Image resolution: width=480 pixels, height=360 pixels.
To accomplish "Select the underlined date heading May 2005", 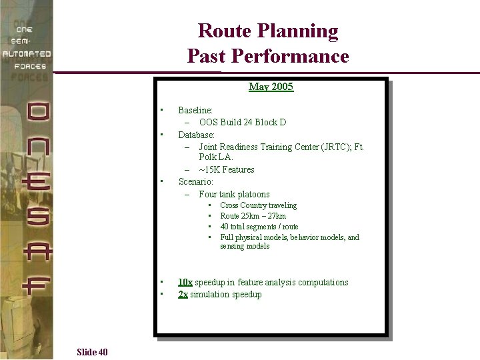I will (x=271, y=87).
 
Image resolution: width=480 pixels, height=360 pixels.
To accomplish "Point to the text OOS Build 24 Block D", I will (x=243, y=122).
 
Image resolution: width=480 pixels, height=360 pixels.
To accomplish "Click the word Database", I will (x=196, y=134).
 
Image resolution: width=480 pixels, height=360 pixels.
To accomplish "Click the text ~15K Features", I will (x=227, y=169).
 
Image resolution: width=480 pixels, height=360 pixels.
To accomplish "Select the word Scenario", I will (x=195, y=181).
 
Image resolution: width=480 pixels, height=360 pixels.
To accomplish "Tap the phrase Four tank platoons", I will (x=234, y=194).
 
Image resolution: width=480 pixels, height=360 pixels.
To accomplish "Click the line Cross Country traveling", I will (x=259, y=205).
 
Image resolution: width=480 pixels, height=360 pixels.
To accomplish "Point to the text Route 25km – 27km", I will (x=253, y=216).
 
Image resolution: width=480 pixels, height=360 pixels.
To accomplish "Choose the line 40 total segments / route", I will (x=259, y=227).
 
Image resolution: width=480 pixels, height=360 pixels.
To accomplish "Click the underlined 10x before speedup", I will (x=185, y=282).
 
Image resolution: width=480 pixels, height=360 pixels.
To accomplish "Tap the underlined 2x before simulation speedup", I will (x=183, y=294).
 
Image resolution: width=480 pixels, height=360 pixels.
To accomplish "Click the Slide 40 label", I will (x=92, y=352).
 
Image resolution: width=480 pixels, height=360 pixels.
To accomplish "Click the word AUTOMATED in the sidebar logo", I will (x=26, y=53).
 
